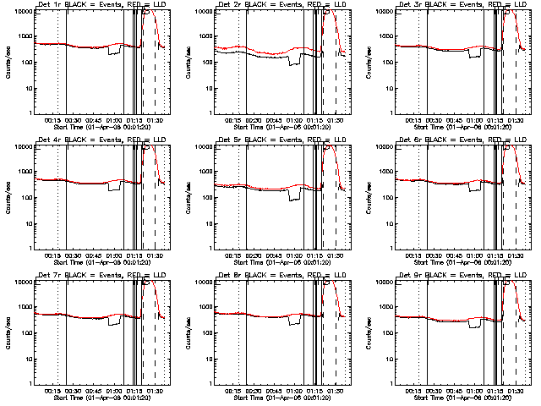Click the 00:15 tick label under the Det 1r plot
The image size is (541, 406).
52,121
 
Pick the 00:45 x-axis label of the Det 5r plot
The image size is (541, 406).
273,256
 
